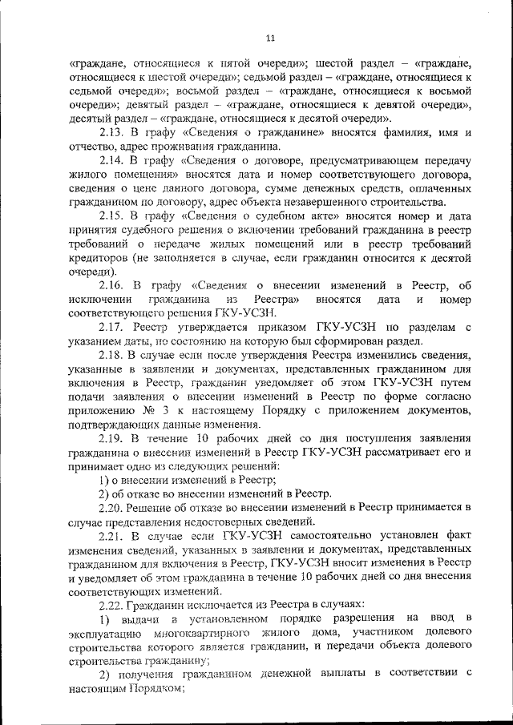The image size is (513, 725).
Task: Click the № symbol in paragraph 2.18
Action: pyautogui.click(x=156, y=410)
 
